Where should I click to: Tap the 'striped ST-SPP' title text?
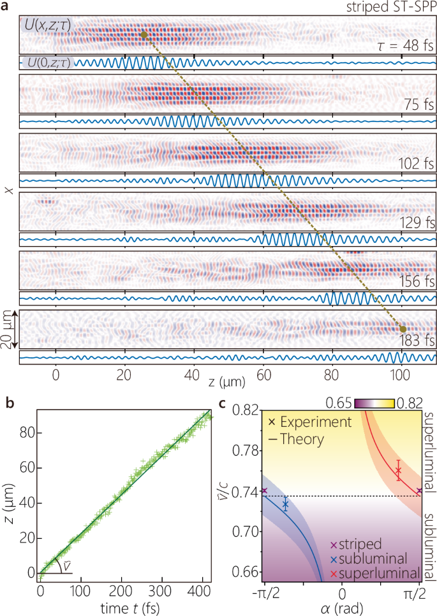pyautogui.click(x=392, y=6)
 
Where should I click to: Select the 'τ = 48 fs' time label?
pyautogui.click(x=406, y=45)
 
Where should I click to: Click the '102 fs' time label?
pyautogui.click(x=416, y=162)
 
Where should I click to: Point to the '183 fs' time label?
pyautogui.click(x=416, y=339)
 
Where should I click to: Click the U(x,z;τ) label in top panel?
pyautogui.click(x=47, y=26)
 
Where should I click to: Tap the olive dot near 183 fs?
pyautogui.click(x=402, y=328)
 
